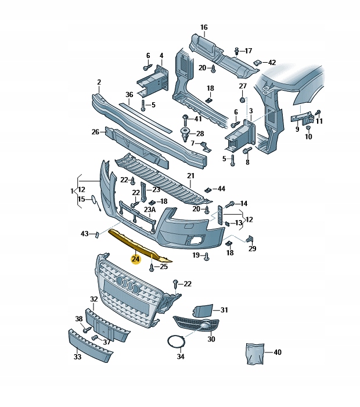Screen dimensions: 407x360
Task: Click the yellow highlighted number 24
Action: point(135,259)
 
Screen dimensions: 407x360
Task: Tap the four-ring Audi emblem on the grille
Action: point(128,283)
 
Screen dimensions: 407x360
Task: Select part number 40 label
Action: point(278,352)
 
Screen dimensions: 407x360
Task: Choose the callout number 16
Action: point(204,27)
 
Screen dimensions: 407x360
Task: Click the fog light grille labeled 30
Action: point(196,325)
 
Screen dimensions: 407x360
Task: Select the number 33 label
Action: point(77,357)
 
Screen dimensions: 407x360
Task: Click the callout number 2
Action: point(99,82)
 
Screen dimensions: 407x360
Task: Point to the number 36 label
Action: point(129,94)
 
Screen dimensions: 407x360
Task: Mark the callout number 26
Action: point(95,132)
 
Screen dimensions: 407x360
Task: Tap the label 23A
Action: point(150,209)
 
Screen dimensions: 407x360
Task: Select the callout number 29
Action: point(252,248)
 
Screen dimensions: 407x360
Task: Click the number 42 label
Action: point(272,62)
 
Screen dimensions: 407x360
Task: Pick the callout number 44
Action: point(221,189)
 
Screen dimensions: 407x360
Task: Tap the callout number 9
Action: point(297,129)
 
